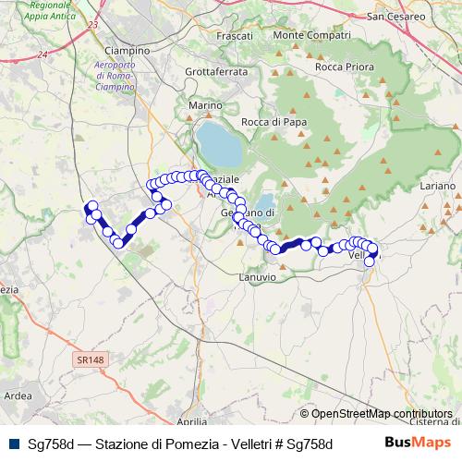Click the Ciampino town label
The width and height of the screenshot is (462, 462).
[128, 49]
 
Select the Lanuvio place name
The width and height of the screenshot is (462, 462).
[257, 276]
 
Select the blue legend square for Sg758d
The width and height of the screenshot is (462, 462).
[12, 443]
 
